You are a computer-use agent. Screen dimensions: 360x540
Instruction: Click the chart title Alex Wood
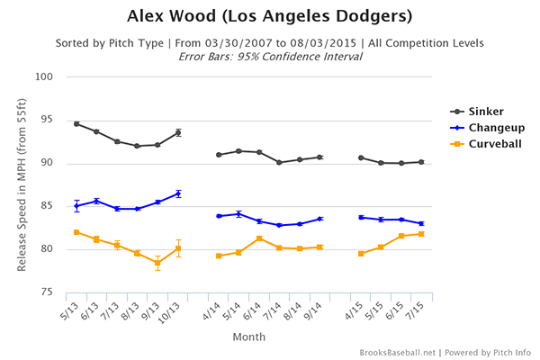click(269, 17)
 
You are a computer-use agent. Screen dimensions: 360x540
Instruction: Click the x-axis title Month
click(248, 337)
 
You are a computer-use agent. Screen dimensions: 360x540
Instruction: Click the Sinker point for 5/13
click(76, 123)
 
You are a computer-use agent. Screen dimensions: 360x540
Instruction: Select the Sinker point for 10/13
click(178, 132)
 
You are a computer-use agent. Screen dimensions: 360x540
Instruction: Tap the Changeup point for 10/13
click(178, 193)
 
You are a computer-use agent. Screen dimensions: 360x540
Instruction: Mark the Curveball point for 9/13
click(157, 263)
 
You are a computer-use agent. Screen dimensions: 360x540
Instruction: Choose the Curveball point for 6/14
click(259, 238)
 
